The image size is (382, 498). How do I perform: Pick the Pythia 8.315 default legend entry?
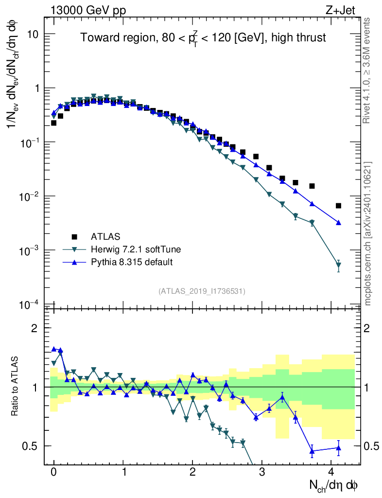(132, 262)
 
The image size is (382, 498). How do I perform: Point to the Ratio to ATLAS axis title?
(16, 386)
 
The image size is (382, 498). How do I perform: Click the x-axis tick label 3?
(262, 473)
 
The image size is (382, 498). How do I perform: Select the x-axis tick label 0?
(54, 473)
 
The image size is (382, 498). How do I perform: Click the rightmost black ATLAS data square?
(338, 206)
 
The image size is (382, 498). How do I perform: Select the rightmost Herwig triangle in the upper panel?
(338, 266)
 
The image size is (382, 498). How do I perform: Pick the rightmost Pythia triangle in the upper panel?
(338, 223)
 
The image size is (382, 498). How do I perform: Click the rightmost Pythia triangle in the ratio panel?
(338, 448)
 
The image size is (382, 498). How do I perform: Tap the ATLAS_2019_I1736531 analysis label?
(202, 291)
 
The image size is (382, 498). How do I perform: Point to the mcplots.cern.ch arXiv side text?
(368, 233)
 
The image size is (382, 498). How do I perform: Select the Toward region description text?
(203, 38)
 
